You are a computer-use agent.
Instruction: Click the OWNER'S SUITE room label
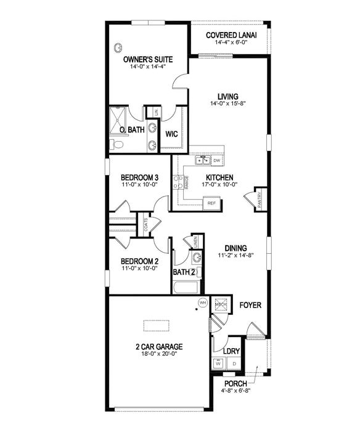[147, 59]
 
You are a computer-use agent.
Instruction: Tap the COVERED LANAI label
[231, 35]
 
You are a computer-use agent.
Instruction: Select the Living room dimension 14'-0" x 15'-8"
[227, 105]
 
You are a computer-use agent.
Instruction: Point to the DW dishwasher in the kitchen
[217, 161]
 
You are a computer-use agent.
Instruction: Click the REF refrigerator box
[211, 202]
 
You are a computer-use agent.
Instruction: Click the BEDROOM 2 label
[140, 261]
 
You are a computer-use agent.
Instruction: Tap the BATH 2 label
[184, 272]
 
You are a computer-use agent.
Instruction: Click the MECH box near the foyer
[221, 304]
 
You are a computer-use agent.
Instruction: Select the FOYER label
[250, 304]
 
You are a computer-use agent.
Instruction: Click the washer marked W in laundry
[218, 364]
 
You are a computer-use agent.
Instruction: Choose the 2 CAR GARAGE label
[159, 346]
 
